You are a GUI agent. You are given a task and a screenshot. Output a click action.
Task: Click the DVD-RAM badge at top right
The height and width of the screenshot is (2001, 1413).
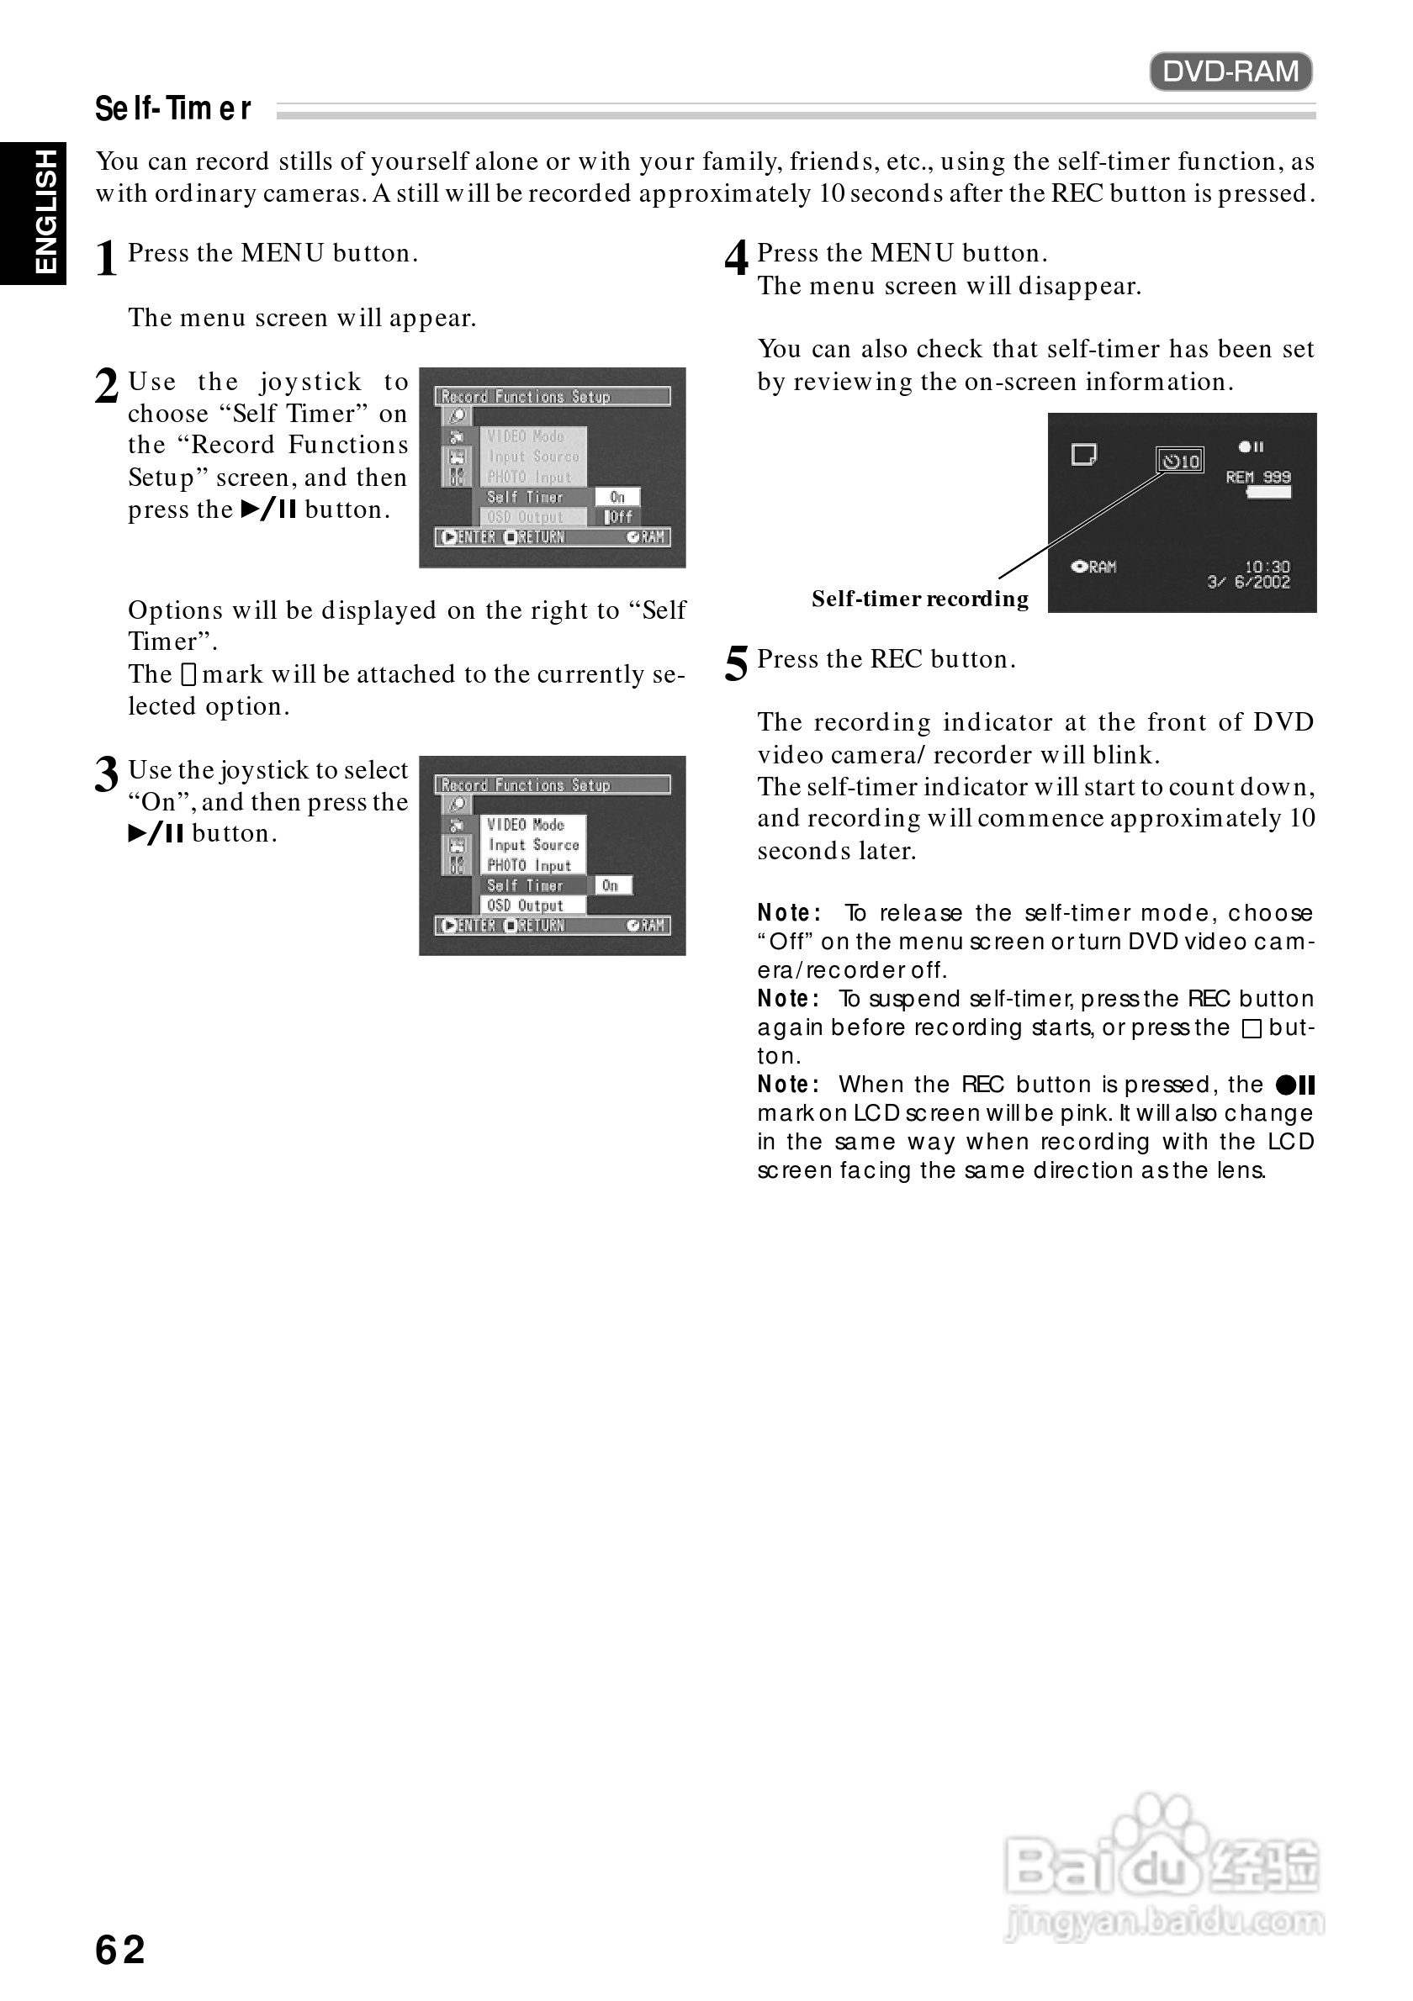click(x=1230, y=71)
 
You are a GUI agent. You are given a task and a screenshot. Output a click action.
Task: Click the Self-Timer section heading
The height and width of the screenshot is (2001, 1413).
click(x=172, y=109)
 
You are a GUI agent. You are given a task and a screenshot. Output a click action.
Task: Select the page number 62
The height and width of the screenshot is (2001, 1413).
click(x=120, y=1949)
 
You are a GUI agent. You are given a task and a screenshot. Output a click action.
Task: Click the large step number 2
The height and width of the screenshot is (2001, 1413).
click(x=106, y=386)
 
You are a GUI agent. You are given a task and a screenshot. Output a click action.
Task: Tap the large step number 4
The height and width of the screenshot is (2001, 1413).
click(x=737, y=258)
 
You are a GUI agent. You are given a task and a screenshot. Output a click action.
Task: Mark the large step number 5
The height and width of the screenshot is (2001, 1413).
click(x=737, y=664)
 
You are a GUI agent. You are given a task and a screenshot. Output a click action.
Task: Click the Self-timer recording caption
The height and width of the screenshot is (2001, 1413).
click(x=919, y=599)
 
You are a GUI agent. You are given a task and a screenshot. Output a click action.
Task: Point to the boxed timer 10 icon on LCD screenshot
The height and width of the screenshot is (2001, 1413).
click(x=1180, y=461)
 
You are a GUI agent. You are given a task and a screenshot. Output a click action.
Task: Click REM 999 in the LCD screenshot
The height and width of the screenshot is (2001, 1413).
click(x=1258, y=477)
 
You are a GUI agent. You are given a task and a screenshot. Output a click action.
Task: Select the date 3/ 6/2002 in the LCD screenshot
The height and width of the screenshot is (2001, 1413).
click(x=1248, y=582)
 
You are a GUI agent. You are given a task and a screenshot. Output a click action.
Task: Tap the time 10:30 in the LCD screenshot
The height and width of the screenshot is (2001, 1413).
click(x=1267, y=567)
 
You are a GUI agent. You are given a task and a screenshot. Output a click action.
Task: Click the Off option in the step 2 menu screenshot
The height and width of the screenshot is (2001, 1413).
click(x=620, y=517)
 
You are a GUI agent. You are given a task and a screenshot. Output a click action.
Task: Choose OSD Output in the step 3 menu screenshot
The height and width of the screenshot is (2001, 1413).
click(x=525, y=905)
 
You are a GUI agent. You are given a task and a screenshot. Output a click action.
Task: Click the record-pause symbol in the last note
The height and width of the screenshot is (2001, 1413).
click(x=1295, y=1085)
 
